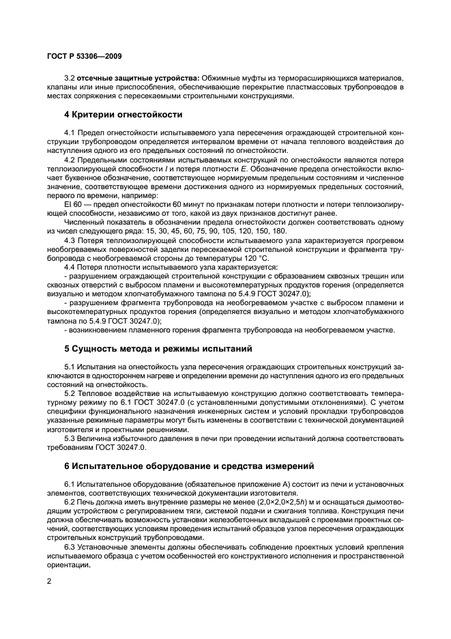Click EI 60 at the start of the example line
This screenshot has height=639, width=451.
coord(73,203)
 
